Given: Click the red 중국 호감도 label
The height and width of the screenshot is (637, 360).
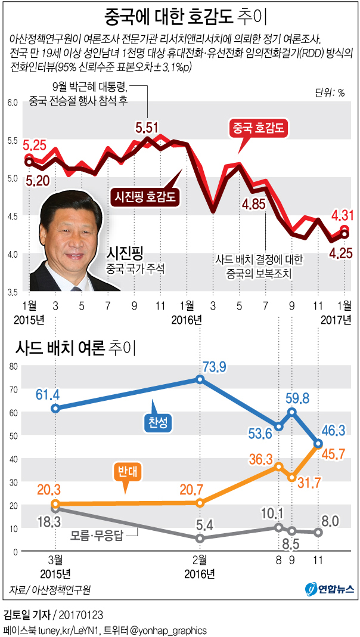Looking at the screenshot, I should tap(260, 128).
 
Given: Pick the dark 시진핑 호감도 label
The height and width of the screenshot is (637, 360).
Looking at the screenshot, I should tap(148, 196).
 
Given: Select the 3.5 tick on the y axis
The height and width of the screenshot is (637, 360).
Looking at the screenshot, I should tap(13, 292).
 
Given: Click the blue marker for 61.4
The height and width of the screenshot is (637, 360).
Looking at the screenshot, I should tap(55, 409).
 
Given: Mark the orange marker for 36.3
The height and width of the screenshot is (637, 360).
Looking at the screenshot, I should tap(278, 466).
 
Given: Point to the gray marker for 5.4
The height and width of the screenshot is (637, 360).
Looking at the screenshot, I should tap(200, 538).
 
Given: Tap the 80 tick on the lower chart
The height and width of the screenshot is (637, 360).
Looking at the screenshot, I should tap(11, 366).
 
